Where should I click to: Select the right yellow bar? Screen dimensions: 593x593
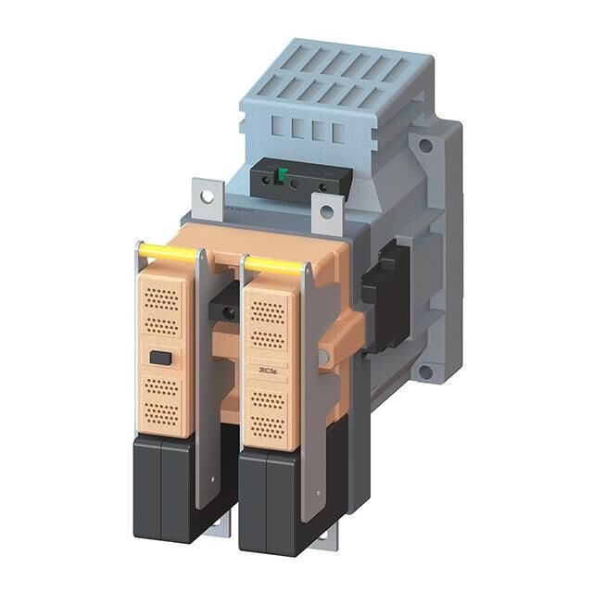pos(274,266)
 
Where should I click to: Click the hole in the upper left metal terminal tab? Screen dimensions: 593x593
pos(207,196)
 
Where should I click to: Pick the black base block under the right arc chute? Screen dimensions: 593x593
pos(271,501)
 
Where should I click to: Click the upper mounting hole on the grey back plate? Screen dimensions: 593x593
pos(425,145)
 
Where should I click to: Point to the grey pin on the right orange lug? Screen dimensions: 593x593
pos(323,357)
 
